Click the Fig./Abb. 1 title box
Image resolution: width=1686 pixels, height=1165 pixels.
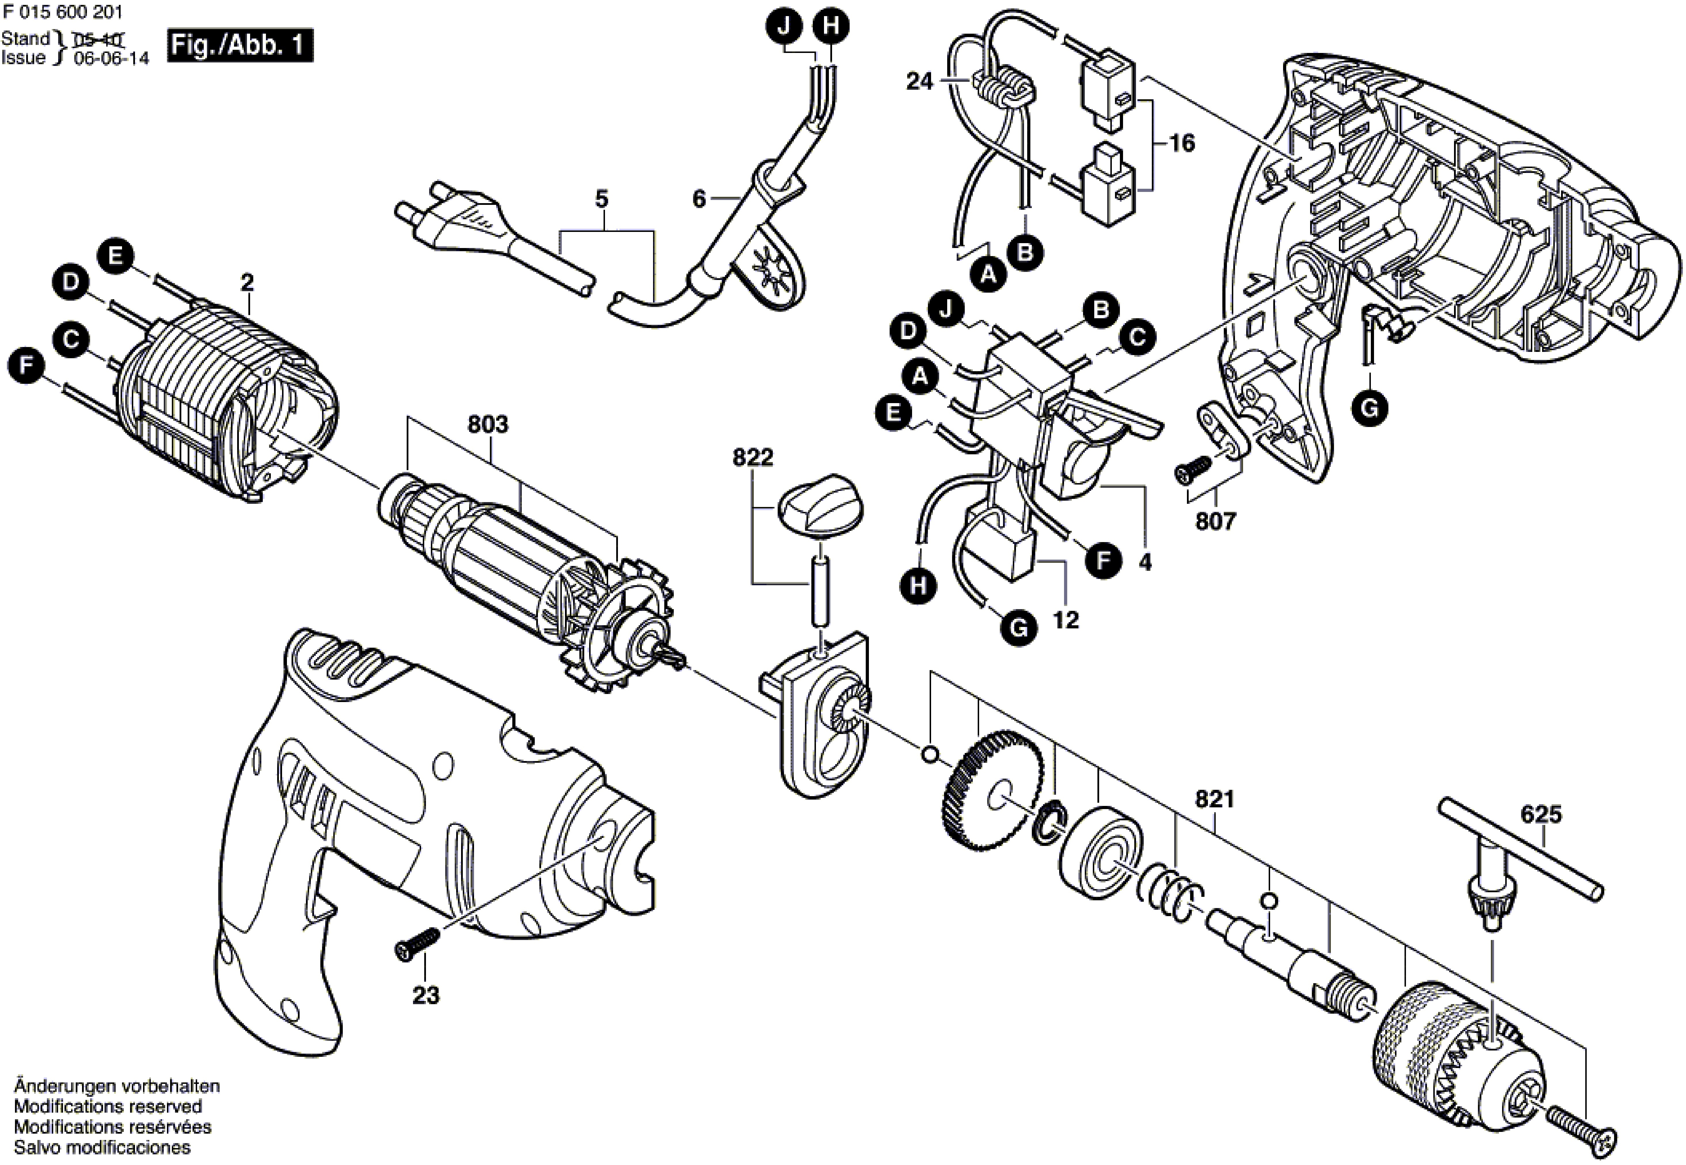[x=239, y=46]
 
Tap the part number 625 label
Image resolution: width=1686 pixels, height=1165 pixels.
[x=1542, y=814]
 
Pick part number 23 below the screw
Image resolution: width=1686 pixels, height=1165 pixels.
[x=426, y=995]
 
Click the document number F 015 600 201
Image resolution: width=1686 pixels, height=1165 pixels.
[x=62, y=12]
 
